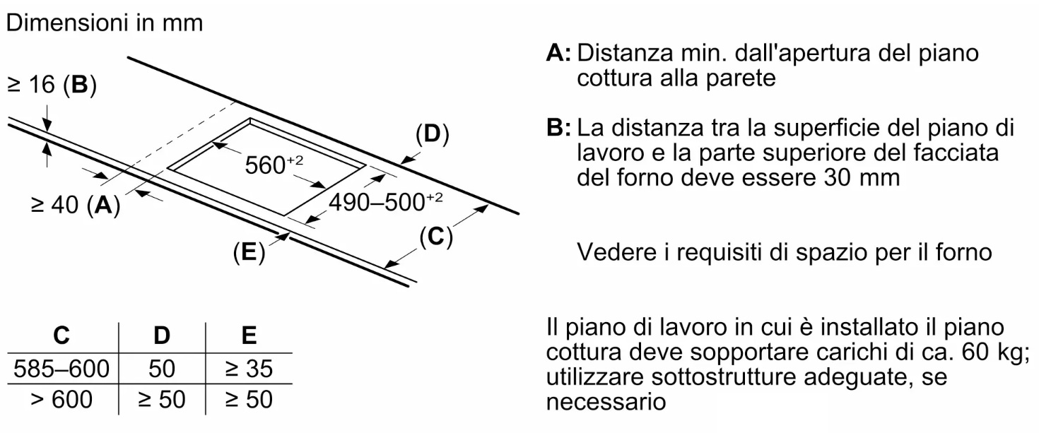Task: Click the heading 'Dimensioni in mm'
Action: [105, 23]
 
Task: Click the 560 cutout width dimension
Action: [274, 165]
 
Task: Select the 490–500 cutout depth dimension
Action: [385, 202]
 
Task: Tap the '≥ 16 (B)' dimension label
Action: [52, 85]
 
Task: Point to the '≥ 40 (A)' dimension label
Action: [75, 204]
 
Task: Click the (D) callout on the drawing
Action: [433, 134]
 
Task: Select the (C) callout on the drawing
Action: [435, 237]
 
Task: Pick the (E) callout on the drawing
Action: [249, 253]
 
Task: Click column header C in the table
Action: [61, 336]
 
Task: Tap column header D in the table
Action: [162, 336]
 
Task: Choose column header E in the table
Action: [249, 336]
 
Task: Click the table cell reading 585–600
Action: [61, 369]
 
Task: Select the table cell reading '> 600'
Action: [61, 399]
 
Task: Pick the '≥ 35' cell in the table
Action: [249, 369]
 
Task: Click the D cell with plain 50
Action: [162, 369]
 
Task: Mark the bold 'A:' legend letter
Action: [558, 53]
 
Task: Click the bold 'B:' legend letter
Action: [558, 127]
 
